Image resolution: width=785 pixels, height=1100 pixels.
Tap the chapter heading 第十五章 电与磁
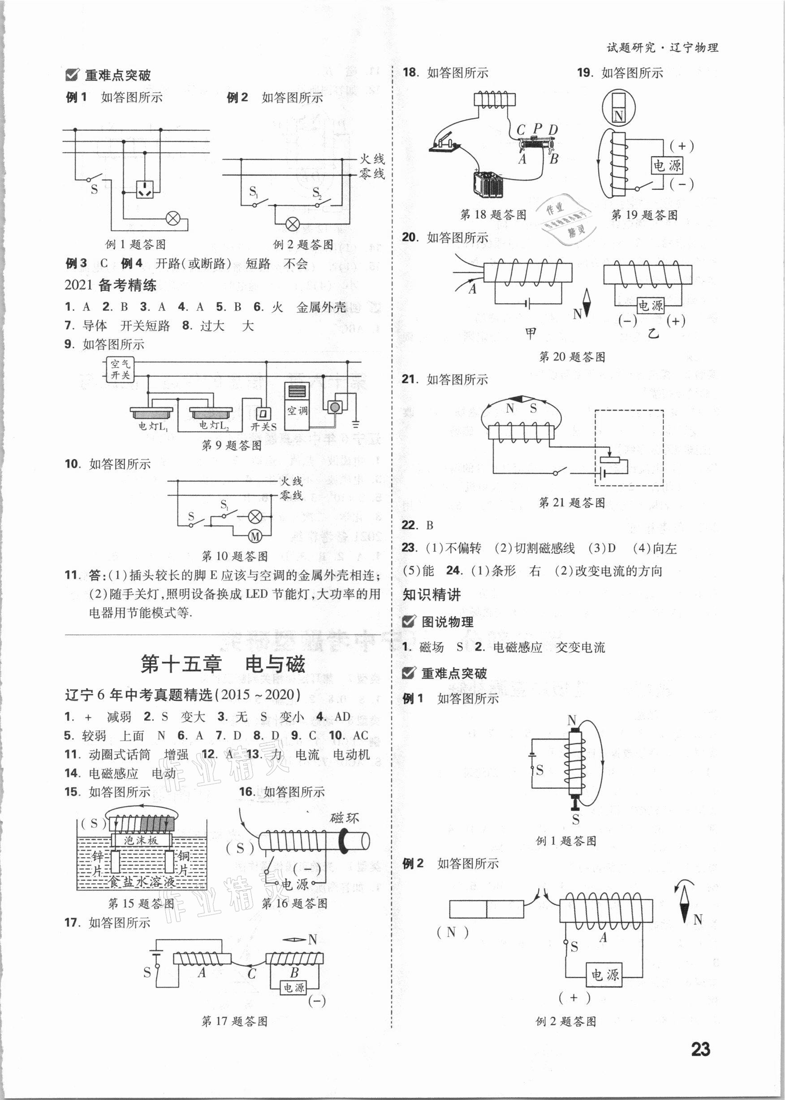(222, 664)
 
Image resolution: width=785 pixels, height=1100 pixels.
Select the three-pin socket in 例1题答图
(145, 190)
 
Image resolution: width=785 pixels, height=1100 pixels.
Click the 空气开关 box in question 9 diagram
(119, 369)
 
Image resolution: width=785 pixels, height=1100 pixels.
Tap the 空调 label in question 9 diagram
(297, 411)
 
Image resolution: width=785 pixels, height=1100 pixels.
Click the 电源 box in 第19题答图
(668, 166)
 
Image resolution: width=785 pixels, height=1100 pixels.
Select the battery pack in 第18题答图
(488, 184)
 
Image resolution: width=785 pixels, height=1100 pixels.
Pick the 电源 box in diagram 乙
(650, 305)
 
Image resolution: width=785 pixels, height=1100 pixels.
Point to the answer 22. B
(418, 525)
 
